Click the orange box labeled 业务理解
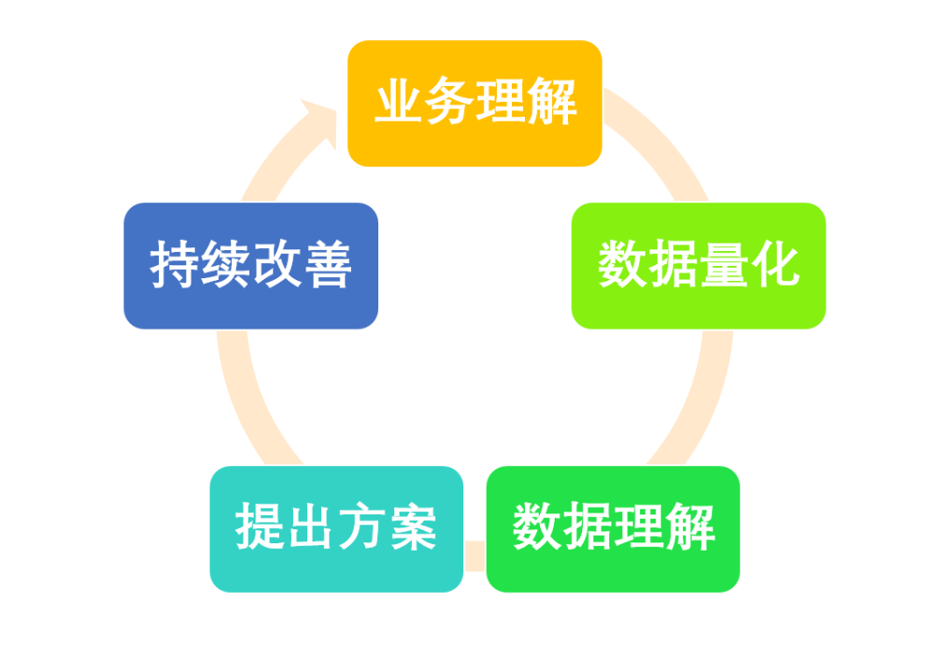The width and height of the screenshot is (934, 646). [x=474, y=104]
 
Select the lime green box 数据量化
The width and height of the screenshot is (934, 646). [x=699, y=266]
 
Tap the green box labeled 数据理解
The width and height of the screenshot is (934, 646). [x=614, y=529]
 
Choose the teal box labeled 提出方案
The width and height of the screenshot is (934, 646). [x=336, y=529]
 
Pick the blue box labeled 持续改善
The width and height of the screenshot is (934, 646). [x=250, y=266]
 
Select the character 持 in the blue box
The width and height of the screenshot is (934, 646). [x=175, y=266]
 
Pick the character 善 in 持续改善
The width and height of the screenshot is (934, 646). [x=327, y=266]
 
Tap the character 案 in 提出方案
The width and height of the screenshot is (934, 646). [x=412, y=529]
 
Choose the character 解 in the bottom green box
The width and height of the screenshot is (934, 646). [x=690, y=529]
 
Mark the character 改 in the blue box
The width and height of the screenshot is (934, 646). [x=276, y=266]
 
